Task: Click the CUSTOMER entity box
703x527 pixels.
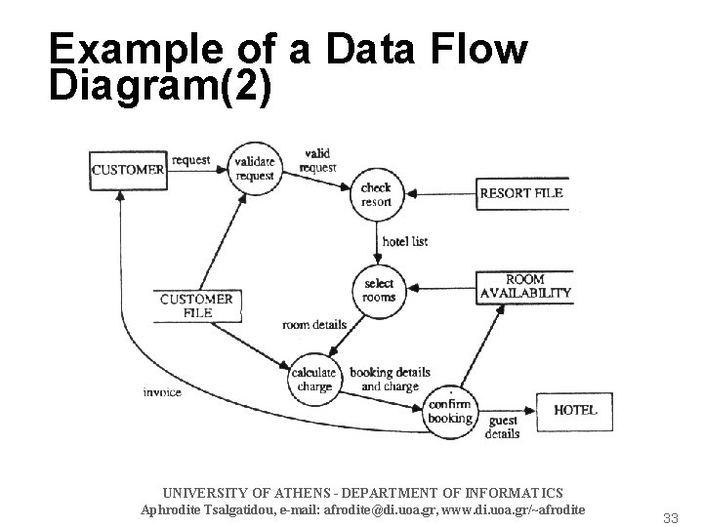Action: pyautogui.click(x=128, y=169)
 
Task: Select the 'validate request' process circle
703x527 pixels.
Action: pyautogui.click(x=255, y=167)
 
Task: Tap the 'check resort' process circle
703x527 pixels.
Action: pyautogui.click(x=376, y=194)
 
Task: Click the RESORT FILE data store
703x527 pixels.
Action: pyautogui.click(x=522, y=193)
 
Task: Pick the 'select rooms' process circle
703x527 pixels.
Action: pyautogui.click(x=378, y=290)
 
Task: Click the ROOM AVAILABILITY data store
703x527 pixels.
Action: pyautogui.click(x=525, y=285)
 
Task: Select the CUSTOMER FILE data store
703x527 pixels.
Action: pyautogui.click(x=196, y=305)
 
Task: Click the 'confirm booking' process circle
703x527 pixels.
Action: pyautogui.click(x=449, y=411)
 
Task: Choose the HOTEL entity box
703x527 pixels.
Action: pyautogui.click(x=575, y=410)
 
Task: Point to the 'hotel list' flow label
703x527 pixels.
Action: pyautogui.click(x=404, y=241)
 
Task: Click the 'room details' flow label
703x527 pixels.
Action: pyautogui.click(x=314, y=325)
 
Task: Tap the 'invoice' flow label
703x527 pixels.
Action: pyautogui.click(x=161, y=392)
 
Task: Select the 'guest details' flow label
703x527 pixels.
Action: pyautogui.click(x=503, y=427)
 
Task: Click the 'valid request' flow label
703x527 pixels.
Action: pyautogui.click(x=318, y=160)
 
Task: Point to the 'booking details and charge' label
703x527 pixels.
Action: pyautogui.click(x=390, y=380)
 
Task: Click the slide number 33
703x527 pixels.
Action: pyautogui.click(x=670, y=517)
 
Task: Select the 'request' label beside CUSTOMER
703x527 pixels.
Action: pyautogui.click(x=191, y=159)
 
